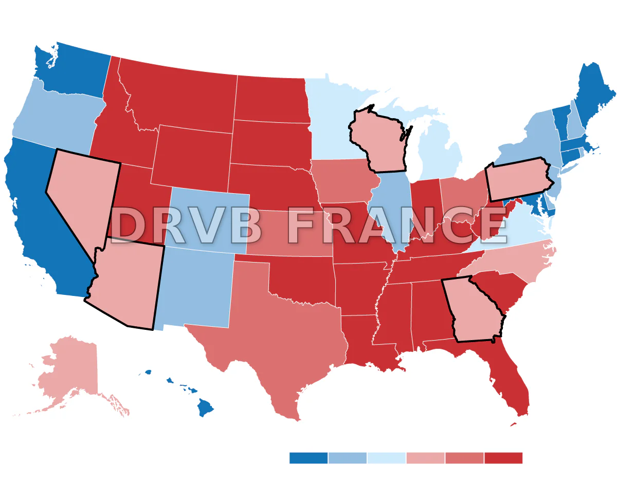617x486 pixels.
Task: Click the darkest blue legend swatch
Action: tap(308, 458)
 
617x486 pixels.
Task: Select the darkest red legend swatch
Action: tap(503, 458)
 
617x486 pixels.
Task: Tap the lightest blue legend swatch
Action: tap(386, 458)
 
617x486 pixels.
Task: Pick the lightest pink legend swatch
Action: tap(425, 458)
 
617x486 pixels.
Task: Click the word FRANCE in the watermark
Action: tap(396, 226)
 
